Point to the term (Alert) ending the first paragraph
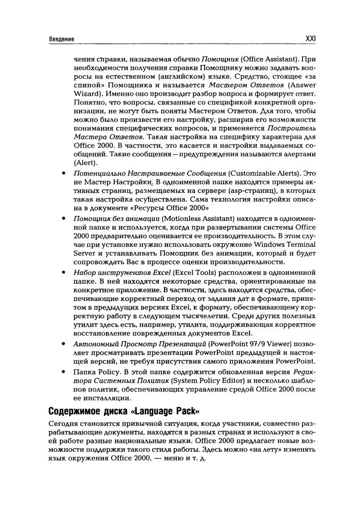(x=85, y=163)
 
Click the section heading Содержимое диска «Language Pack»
(x=123, y=411)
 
